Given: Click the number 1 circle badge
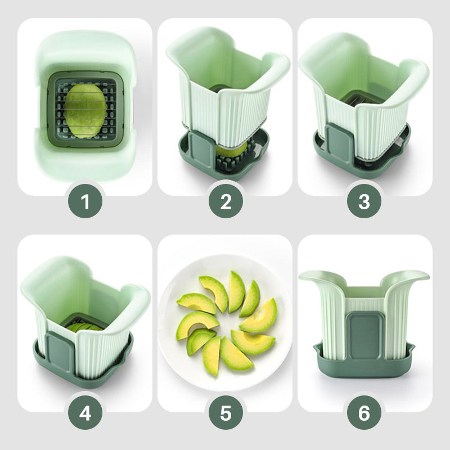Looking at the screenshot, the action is pyautogui.click(x=85, y=201).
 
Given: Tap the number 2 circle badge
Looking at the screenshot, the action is pyautogui.click(x=226, y=201).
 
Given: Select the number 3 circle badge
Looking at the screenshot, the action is pyautogui.click(x=364, y=201).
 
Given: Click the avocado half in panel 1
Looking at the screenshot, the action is pyautogui.click(x=85, y=111).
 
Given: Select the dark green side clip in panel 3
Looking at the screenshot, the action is pyautogui.click(x=339, y=143).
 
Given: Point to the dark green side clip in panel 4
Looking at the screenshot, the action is pyautogui.click(x=61, y=353).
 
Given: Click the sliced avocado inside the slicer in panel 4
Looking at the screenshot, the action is pyautogui.click(x=85, y=327).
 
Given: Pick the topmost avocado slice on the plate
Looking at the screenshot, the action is pyautogui.click(x=236, y=291).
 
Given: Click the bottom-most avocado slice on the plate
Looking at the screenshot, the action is pyautogui.click(x=211, y=356).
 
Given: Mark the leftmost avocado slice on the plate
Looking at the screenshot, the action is pyautogui.click(x=197, y=303).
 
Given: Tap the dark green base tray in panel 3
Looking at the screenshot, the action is pyautogui.click(x=362, y=161).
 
